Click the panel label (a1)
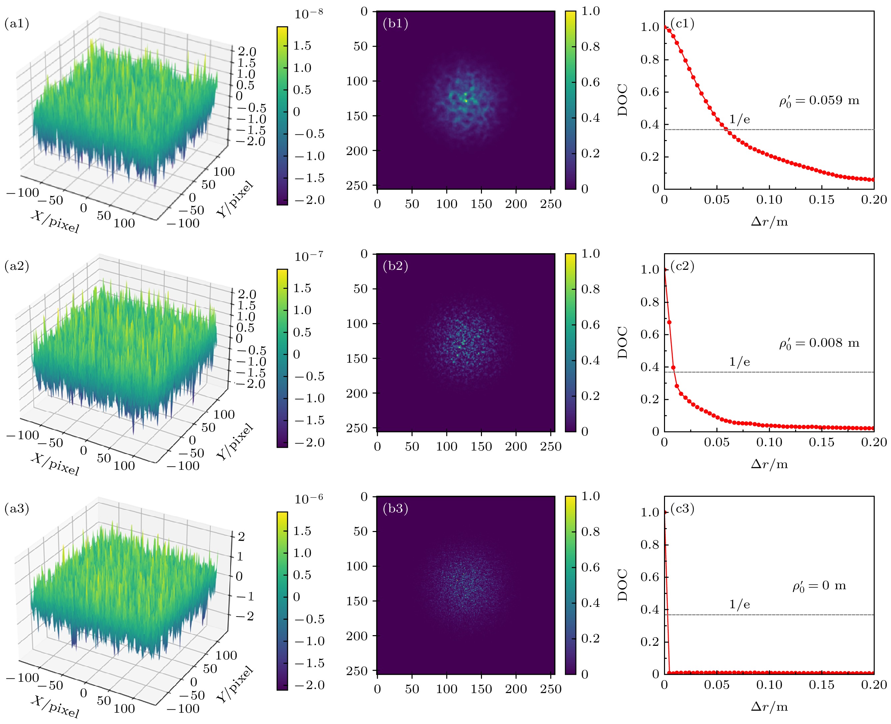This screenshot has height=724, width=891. coord(17,24)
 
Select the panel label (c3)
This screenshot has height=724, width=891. coord(682,508)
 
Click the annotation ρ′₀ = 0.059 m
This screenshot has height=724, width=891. coord(819,101)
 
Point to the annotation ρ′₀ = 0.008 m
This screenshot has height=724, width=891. coord(819,344)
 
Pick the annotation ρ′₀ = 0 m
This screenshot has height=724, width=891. coord(819,586)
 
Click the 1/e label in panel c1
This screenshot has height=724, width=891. coord(739,120)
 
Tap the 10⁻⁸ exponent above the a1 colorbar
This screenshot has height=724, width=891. coord(308,14)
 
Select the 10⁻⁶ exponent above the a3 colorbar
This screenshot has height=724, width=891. coord(308,498)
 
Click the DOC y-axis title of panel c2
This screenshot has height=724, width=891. coord(622,342)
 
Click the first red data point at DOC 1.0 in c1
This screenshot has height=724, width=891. coord(665,27)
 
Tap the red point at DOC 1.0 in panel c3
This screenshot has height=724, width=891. coord(665,512)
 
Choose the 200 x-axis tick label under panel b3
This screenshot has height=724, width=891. coord(516,689)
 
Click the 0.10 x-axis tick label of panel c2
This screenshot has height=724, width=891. coord(769,443)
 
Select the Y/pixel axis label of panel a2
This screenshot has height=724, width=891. coord(235,441)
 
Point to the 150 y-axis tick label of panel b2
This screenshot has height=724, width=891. coord(357,359)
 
